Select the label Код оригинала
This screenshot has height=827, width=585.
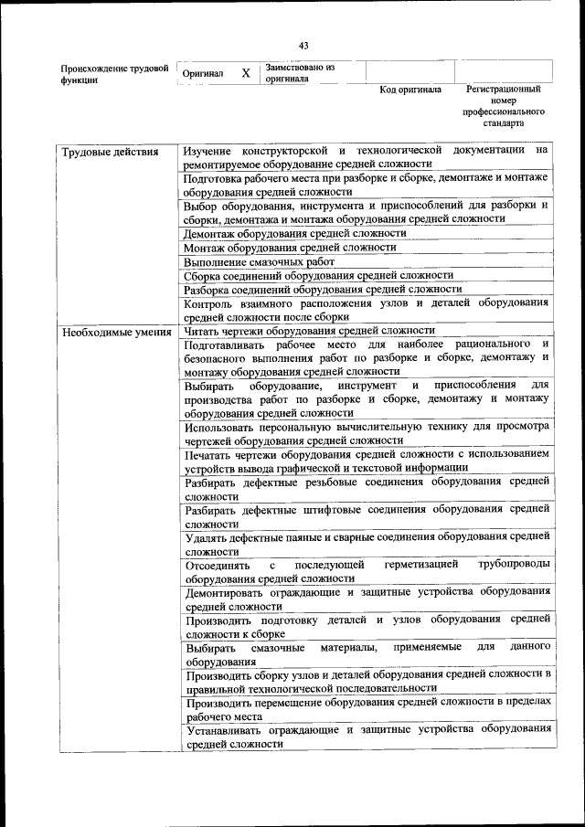410,90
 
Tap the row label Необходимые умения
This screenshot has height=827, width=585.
117,332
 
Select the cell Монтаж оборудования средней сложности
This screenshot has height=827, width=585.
290,247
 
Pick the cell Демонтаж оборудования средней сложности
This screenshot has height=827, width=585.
294,233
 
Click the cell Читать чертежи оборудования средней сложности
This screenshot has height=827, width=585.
309,331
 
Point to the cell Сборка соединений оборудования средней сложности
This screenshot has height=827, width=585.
318,275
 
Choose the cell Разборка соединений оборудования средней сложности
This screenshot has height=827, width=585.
323,289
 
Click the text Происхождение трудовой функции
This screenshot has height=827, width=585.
114,74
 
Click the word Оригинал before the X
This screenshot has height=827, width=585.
203,73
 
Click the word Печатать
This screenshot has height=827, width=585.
210,453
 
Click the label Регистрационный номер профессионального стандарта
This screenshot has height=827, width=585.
503,106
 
